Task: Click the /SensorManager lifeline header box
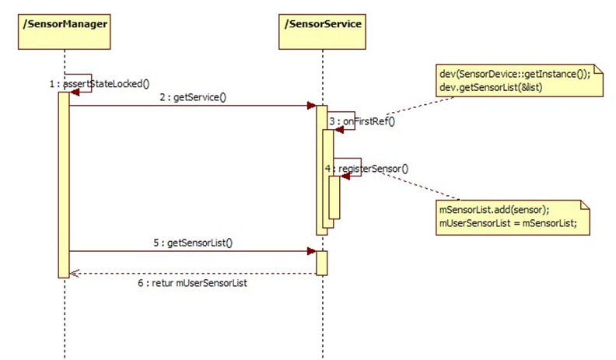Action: pyautogui.click(x=64, y=25)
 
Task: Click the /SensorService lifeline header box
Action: pyautogui.click(x=321, y=25)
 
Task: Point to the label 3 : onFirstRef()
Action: pyautogui.click(x=361, y=121)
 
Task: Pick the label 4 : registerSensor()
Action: pyautogui.click(x=367, y=167)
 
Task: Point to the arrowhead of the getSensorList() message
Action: pyautogui.click(x=311, y=252)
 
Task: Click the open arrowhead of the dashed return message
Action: pyautogui.click(x=73, y=274)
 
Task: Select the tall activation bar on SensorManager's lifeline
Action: pyautogui.click(x=64, y=183)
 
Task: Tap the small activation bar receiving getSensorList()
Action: pyautogui.click(x=321, y=263)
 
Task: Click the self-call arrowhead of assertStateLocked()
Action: pyautogui.click(x=75, y=92)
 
